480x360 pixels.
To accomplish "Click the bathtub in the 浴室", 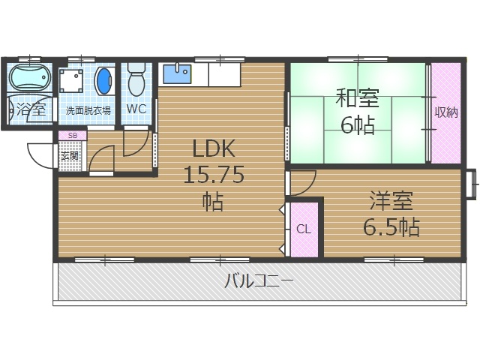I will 29,78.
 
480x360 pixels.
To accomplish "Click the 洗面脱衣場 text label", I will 88,110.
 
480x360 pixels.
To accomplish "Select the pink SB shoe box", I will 73,136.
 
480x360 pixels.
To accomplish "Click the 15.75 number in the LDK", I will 214,174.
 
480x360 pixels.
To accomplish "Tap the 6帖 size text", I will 357,124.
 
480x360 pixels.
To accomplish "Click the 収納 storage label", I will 445,112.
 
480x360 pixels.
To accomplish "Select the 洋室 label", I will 390,201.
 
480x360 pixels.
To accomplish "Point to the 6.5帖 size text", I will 391,226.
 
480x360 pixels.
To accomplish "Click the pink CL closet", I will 303,229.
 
